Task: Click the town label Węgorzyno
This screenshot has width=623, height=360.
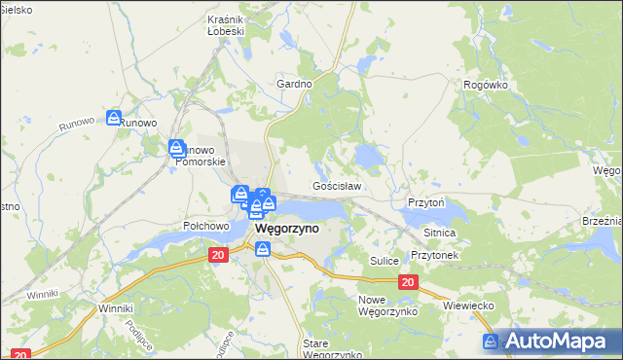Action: (288, 229)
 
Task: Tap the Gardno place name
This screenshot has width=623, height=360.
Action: (294, 84)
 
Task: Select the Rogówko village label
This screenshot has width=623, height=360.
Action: (486, 85)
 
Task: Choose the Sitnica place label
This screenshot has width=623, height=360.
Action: (439, 234)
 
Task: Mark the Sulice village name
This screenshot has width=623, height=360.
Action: (385, 261)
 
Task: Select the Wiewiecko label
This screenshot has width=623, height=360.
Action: (470, 306)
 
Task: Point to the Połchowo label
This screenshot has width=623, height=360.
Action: (205, 226)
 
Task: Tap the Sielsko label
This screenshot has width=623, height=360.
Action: (17, 9)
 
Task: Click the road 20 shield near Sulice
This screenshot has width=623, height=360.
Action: (407, 282)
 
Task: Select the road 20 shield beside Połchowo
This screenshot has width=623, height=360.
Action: (217, 253)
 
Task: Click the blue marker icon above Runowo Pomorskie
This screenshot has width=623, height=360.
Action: (176, 148)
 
